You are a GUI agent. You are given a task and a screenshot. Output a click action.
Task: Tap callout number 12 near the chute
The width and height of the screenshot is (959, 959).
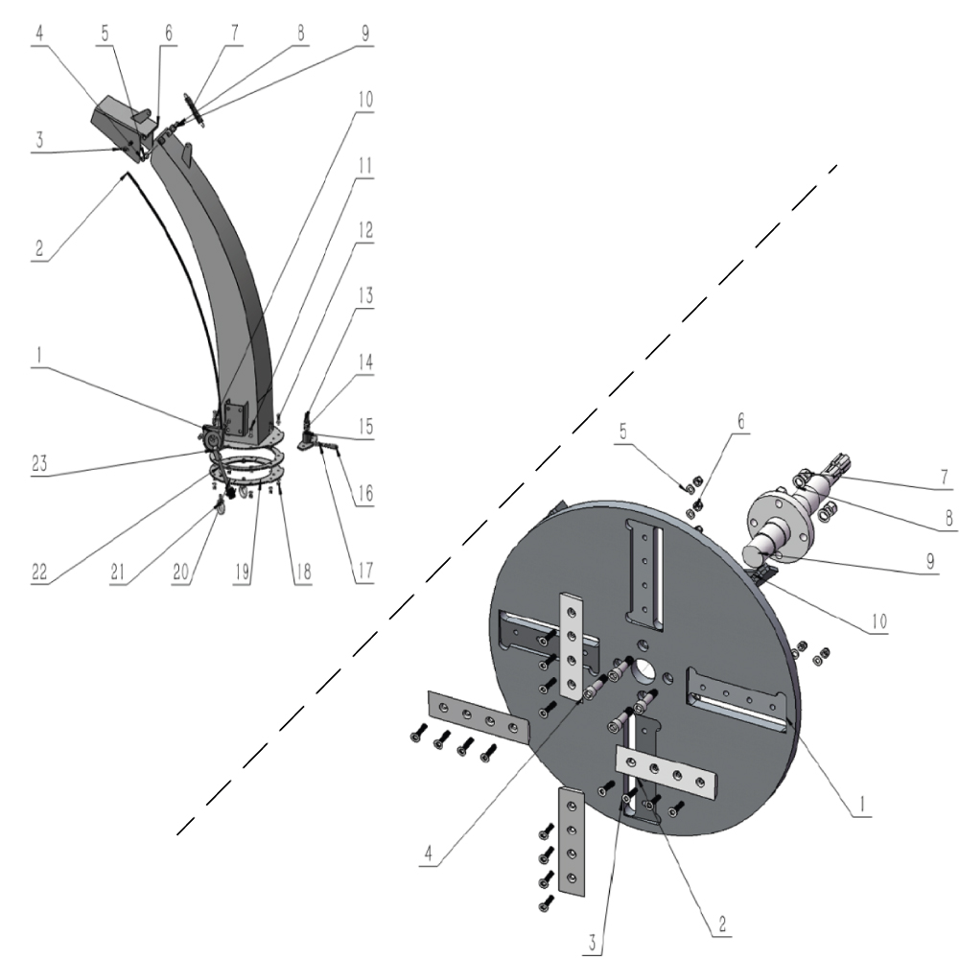click(x=364, y=232)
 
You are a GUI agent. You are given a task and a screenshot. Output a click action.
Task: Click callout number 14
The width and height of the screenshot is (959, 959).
click(x=366, y=363)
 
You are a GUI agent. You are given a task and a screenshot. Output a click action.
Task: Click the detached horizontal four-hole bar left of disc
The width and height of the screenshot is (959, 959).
click(x=477, y=720)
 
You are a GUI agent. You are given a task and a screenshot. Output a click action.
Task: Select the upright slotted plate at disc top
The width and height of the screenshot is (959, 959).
click(x=643, y=569)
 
